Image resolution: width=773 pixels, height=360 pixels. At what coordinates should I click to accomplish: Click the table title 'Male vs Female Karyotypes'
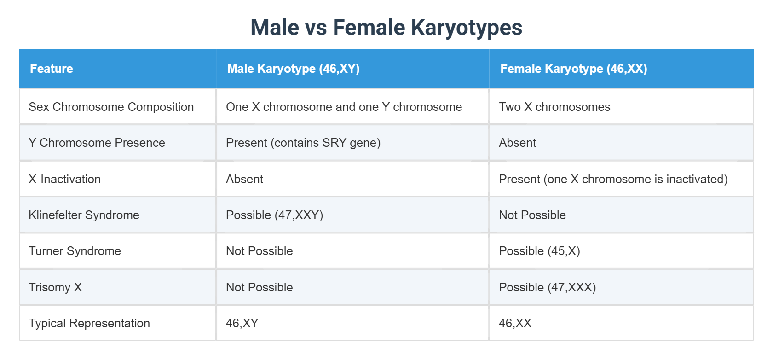[x=386, y=28]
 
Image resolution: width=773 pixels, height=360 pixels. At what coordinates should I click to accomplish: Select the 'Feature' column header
[x=52, y=69]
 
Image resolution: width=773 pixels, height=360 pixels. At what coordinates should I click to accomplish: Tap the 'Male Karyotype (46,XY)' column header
[x=293, y=69]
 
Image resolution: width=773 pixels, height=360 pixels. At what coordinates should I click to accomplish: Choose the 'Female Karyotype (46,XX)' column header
[x=573, y=69]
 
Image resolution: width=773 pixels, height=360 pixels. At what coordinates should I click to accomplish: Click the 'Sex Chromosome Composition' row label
[x=111, y=107]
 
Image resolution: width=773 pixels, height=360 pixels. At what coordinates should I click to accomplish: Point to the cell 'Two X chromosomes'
[x=554, y=107]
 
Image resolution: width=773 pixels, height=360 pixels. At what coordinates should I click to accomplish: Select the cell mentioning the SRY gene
[x=303, y=143]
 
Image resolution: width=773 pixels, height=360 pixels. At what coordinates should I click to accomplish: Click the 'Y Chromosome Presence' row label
[x=97, y=143]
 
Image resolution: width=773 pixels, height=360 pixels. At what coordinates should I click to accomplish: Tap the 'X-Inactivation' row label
[x=64, y=179]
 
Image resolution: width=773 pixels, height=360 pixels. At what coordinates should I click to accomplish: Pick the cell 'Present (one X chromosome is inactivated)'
[x=613, y=179]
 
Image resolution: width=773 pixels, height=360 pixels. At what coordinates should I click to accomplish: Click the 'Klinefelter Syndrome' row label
[x=84, y=215]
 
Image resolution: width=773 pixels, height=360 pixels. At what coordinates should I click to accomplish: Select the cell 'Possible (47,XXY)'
[x=274, y=215]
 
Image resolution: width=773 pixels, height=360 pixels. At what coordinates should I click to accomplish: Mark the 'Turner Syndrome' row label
[x=75, y=251]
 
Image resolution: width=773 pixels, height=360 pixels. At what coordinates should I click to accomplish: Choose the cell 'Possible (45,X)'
[x=539, y=251]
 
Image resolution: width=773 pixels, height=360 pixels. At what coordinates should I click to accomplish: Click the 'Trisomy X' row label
[x=55, y=287]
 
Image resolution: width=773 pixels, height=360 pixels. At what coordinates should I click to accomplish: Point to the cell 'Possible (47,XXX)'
[x=547, y=287]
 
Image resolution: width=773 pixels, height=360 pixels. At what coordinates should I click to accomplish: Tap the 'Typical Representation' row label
[x=89, y=323]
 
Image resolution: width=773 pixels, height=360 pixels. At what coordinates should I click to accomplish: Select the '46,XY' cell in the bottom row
[x=242, y=323]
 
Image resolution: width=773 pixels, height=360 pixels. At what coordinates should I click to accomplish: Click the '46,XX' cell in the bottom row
[x=515, y=323]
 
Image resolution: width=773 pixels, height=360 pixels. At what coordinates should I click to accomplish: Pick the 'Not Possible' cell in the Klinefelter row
[x=532, y=215]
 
